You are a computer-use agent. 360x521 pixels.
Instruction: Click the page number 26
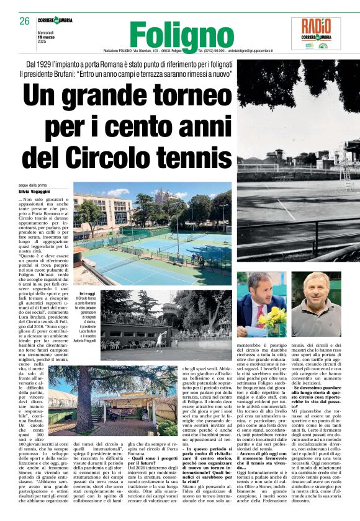[x=25, y=22]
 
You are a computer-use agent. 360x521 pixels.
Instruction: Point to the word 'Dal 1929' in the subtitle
[x=38, y=65]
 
